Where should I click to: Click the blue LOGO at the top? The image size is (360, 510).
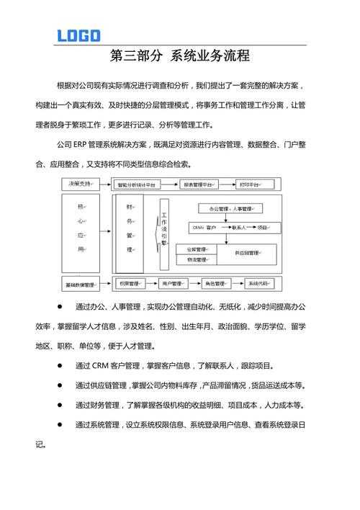pos(79,35)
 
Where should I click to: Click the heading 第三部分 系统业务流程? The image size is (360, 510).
pos(180,55)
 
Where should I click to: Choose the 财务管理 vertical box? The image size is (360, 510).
pos(130,228)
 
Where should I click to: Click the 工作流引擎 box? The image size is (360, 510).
pos(165,229)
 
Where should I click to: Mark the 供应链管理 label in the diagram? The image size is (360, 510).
pos(248,254)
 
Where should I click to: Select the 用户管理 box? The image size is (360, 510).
pos(171,284)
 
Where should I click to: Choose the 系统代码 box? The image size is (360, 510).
pos(258,284)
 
